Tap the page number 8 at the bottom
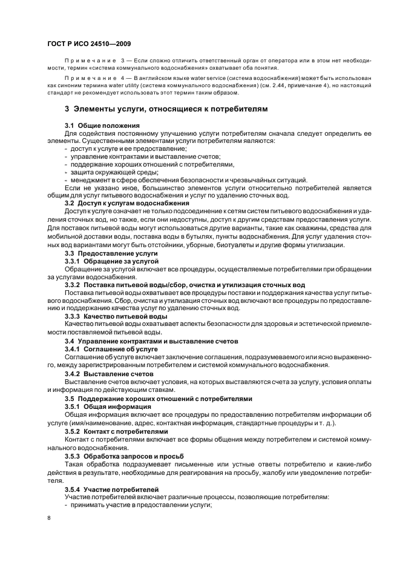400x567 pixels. tap(50, 518)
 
